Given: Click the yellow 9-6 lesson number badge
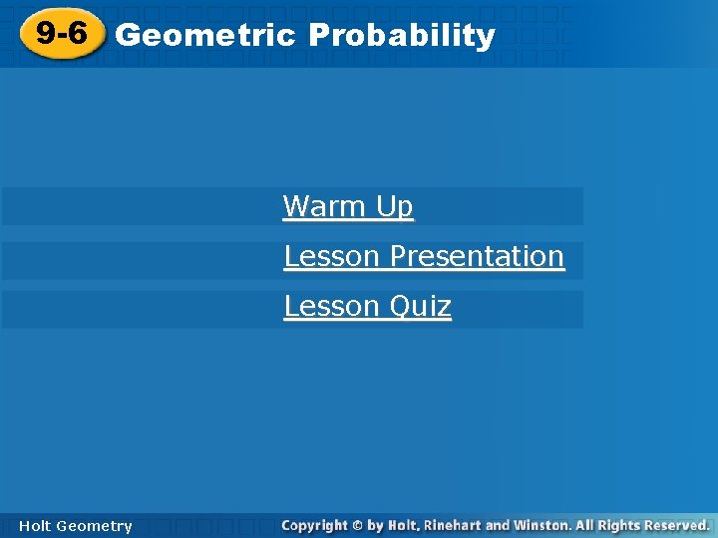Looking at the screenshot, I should tap(61, 35).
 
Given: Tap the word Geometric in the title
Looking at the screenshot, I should tap(205, 36).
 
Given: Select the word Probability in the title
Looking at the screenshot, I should tap(402, 36).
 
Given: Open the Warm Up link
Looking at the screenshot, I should tap(348, 207).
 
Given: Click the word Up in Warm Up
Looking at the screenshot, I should tap(395, 207).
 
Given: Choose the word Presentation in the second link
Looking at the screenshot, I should tap(477, 257).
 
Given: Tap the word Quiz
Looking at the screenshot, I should tap(420, 307).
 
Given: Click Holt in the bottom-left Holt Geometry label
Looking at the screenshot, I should tap(34, 526).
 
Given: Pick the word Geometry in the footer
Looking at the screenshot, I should tap(94, 526).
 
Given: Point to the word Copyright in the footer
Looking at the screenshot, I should tap(314, 525).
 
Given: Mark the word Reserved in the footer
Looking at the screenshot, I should tap(676, 525).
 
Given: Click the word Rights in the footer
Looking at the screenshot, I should tap(615, 525).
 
